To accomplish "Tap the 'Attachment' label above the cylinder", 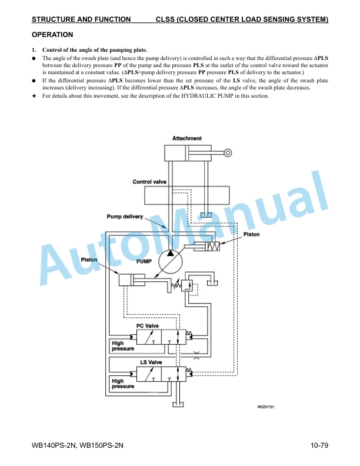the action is tap(187, 138).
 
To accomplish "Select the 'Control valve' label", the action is tap(149, 182).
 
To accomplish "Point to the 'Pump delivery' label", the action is tap(125, 217).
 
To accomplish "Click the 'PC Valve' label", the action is tap(147, 326).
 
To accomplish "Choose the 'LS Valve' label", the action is tap(151, 362).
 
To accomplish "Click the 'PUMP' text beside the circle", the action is tap(144, 261).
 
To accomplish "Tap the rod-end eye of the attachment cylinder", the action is tap(228, 153).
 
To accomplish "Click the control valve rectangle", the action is tap(187, 195).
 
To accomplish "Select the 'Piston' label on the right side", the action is tap(251, 234).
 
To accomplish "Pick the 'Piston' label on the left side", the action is tap(89, 259).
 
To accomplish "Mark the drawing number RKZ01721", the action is tap(265, 407).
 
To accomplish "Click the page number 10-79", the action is tap(319, 445).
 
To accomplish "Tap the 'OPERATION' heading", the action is tap(52, 35).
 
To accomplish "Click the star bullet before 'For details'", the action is tap(34, 96).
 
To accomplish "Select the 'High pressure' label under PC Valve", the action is tap(123, 345).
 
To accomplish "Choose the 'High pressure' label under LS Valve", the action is tap(123, 384).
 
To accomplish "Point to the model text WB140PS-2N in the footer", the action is tap(53, 445).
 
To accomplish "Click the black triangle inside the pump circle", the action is tap(170, 253).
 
